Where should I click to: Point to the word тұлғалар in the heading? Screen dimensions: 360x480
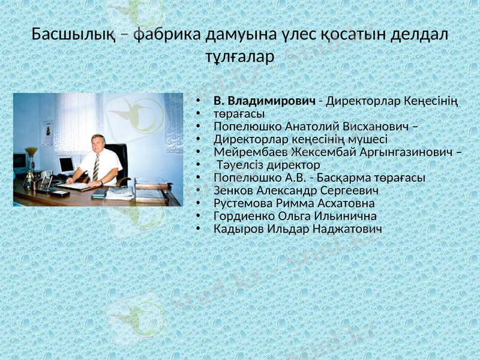click(239, 58)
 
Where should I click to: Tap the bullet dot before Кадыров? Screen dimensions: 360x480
click(198, 230)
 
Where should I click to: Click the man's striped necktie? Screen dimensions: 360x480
click(96, 166)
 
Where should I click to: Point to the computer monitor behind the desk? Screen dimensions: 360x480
click(66, 164)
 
